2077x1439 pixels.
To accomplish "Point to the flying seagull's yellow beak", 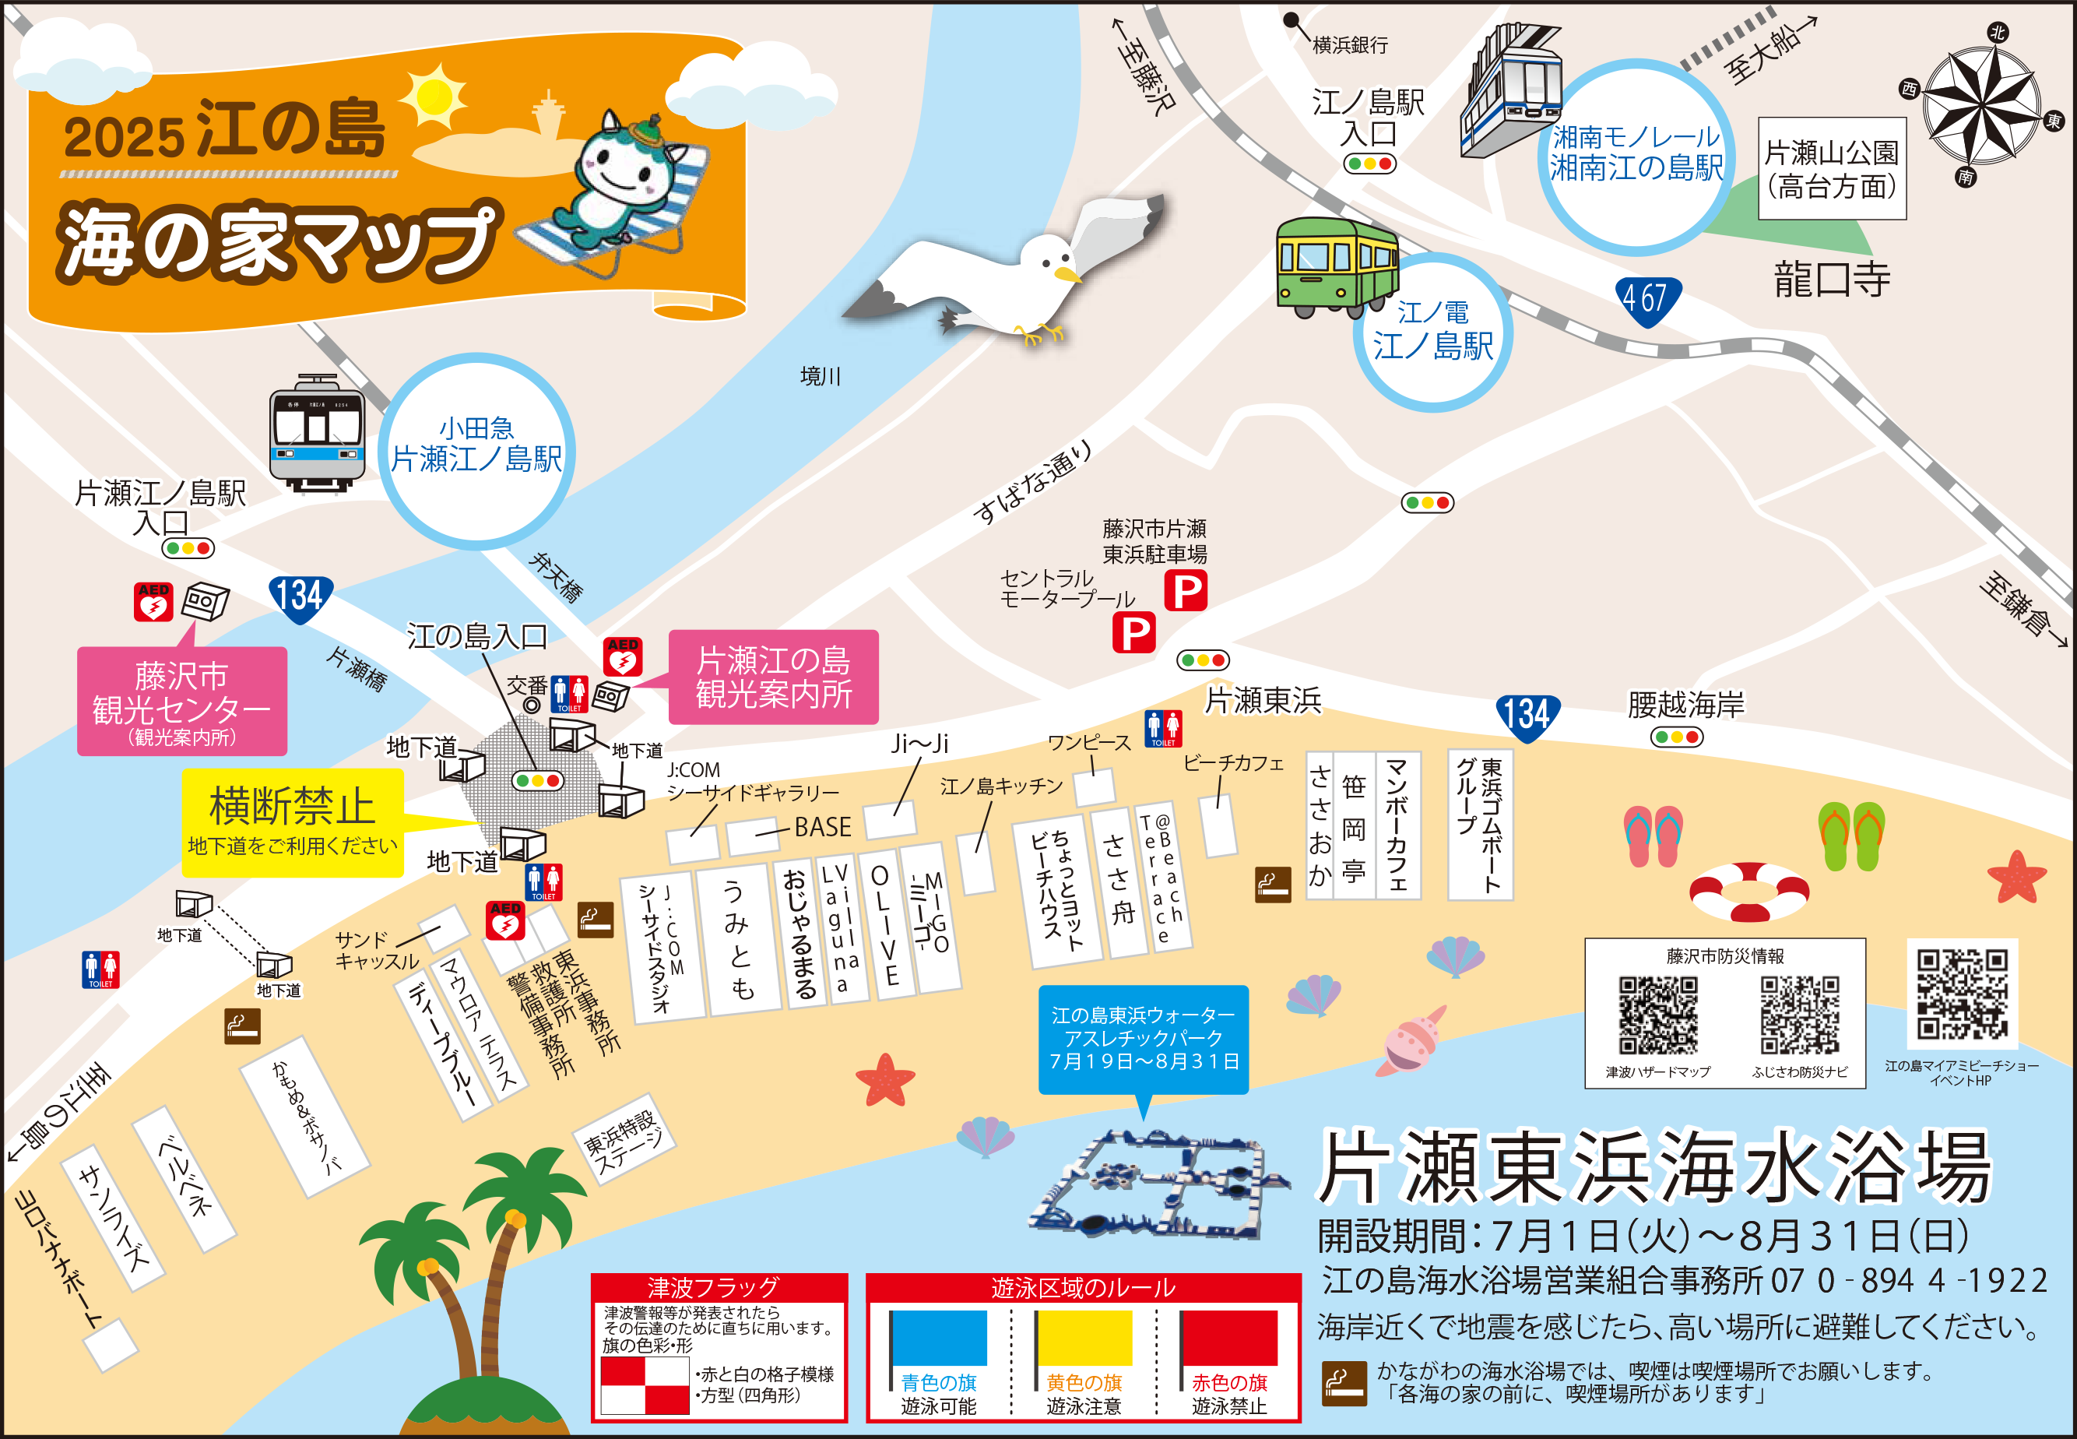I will pos(1067,273).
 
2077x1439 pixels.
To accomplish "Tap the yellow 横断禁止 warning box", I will pos(292,822).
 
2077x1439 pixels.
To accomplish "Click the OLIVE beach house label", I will pos(884,924).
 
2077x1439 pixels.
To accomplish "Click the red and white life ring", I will pos(1748,892).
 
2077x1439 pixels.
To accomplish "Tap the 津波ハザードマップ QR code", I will pos(1657,1015).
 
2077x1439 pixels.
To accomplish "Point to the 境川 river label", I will pos(820,376).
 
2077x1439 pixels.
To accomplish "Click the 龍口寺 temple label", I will pos(1832,279).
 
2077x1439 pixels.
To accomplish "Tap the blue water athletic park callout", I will pos(1143,1039).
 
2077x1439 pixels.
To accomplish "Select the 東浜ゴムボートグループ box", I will pos(1479,825).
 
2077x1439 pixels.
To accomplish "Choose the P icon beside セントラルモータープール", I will pos(1133,633).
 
